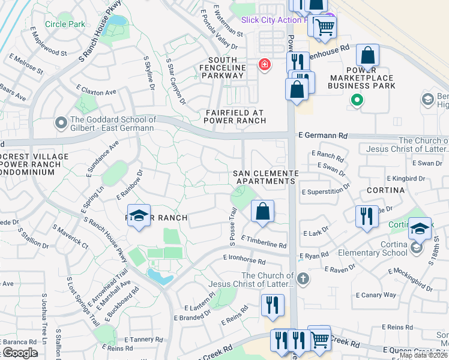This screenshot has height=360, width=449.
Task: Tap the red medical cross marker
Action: click(x=264, y=64)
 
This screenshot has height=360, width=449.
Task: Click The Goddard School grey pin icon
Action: click(x=61, y=123)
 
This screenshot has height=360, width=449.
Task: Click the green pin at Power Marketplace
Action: click(x=357, y=101)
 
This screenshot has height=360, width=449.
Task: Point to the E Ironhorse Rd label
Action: click(x=244, y=259)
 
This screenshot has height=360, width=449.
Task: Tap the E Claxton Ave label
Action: click(x=96, y=92)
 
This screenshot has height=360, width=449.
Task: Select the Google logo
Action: click(x=20, y=353)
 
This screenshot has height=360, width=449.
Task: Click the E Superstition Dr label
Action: click(x=326, y=191)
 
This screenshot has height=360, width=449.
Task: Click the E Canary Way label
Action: click(x=376, y=295)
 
